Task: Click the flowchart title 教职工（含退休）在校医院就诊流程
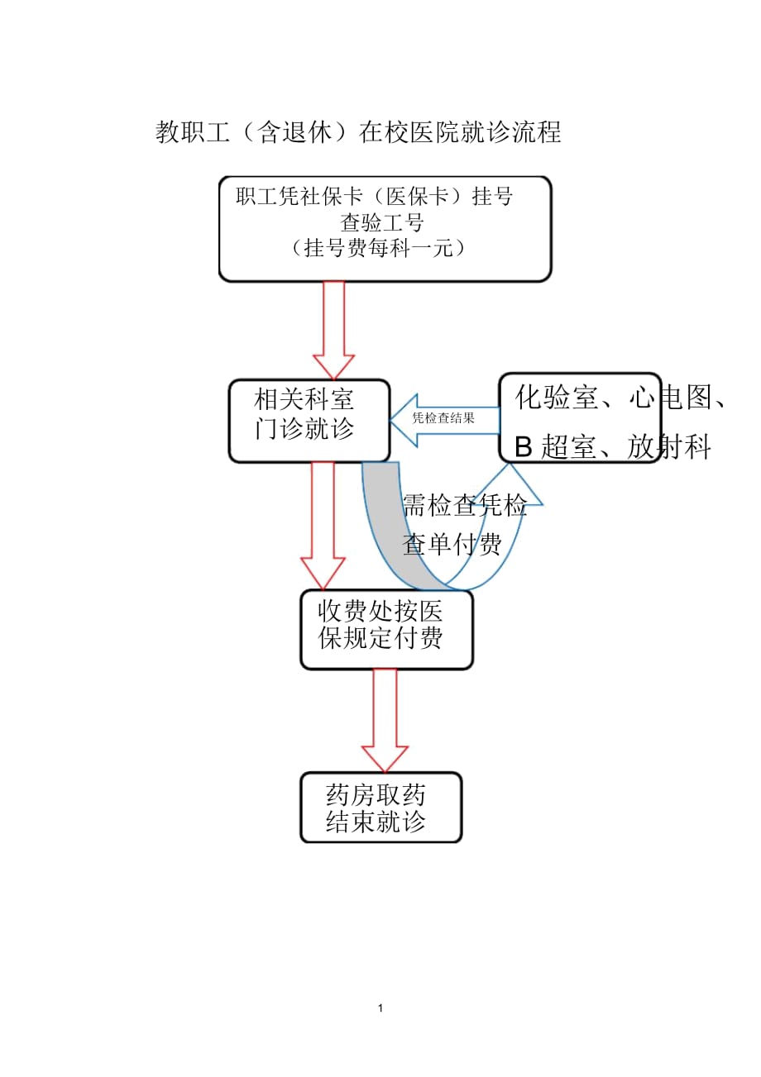(358, 132)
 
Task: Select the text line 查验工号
(382, 222)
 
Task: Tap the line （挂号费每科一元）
(379, 247)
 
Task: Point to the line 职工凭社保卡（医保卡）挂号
(374, 197)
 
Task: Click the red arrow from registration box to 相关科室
(333, 328)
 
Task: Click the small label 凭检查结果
(443, 418)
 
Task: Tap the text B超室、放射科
(613, 448)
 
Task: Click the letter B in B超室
(523, 448)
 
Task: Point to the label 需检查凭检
(464, 507)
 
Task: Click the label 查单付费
(452, 545)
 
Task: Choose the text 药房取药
(377, 795)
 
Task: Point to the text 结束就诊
(377, 822)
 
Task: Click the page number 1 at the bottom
(380, 1008)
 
